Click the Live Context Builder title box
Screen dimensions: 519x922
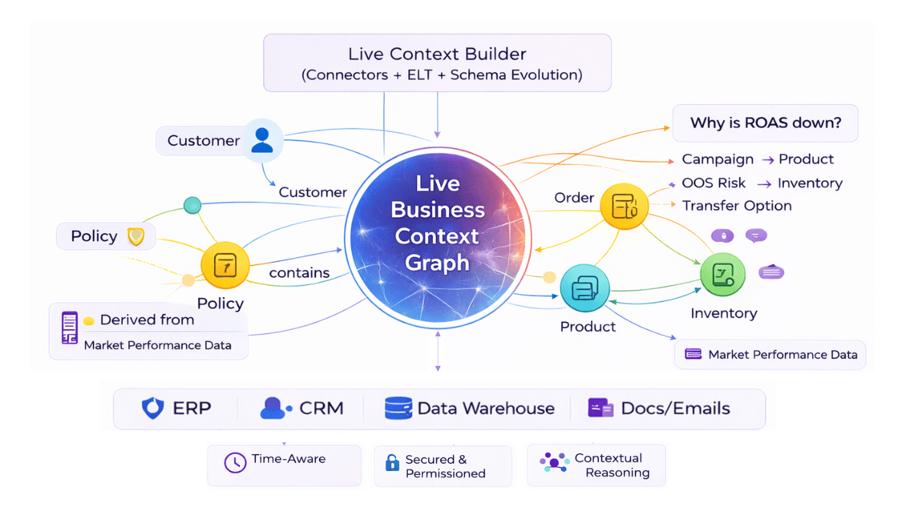pyautogui.click(x=437, y=63)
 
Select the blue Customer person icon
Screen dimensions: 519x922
pyautogui.click(x=262, y=140)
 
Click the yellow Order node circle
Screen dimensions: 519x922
pyautogui.click(x=624, y=206)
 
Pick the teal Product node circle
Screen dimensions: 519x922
pyautogui.click(x=584, y=288)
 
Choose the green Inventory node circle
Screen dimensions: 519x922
pyautogui.click(x=722, y=274)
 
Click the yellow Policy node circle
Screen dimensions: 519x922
pyautogui.click(x=225, y=265)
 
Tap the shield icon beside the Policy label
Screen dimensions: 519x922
pyautogui.click(x=136, y=236)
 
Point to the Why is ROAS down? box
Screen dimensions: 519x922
pyautogui.click(x=765, y=123)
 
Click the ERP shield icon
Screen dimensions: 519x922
pyautogui.click(x=152, y=408)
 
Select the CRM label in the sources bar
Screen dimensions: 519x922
pyautogui.click(x=321, y=408)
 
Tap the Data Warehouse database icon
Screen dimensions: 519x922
pyautogui.click(x=398, y=408)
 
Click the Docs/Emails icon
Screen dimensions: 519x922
pyautogui.click(x=601, y=408)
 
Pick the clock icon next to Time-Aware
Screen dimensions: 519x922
pyautogui.click(x=235, y=462)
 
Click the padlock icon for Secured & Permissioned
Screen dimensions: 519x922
pyautogui.click(x=392, y=463)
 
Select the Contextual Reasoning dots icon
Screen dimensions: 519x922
pyautogui.click(x=554, y=463)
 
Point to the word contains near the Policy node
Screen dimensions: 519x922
pyautogui.click(x=299, y=273)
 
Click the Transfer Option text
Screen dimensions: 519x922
pyautogui.click(x=737, y=206)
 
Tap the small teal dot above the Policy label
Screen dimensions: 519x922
pyautogui.click(x=192, y=205)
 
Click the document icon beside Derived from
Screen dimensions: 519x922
pyautogui.click(x=70, y=328)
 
